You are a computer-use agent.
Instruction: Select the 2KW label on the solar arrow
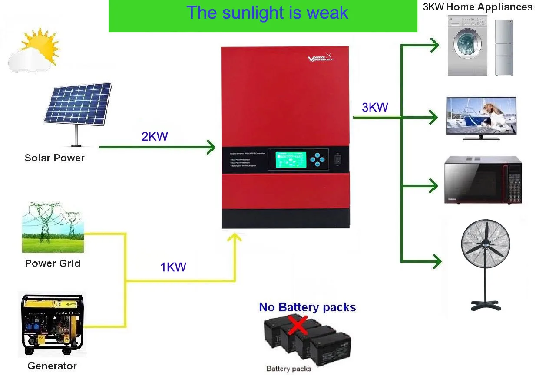[x=155, y=136]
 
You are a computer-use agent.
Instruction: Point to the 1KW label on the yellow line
[x=173, y=267]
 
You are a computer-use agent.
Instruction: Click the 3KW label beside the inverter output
[x=375, y=107]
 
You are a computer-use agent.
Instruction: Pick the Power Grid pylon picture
[x=53, y=227]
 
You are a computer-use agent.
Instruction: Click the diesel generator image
[x=52, y=325]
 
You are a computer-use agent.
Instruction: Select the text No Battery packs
[x=307, y=307]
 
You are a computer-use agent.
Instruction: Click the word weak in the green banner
[x=327, y=13]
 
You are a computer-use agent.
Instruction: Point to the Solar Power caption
[x=54, y=158]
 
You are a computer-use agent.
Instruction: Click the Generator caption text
[x=52, y=366]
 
